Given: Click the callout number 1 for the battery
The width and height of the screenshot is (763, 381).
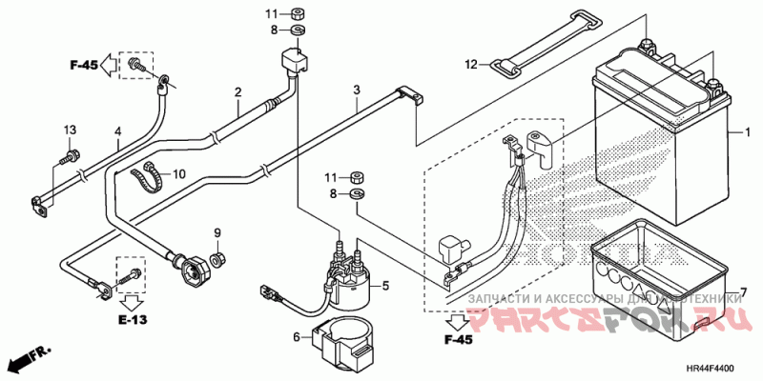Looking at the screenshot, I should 749,132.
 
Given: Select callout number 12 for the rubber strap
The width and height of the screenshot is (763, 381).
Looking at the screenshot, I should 469,65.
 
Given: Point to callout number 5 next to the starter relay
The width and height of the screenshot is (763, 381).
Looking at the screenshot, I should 386,285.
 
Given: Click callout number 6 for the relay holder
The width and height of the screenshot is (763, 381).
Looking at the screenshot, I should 296,336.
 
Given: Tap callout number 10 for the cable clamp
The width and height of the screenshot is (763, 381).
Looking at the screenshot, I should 180,174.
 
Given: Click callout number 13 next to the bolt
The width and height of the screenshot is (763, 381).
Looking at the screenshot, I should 70,130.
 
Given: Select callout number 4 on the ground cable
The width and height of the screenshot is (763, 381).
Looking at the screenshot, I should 118,130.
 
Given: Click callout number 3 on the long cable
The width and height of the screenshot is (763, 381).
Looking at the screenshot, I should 356,90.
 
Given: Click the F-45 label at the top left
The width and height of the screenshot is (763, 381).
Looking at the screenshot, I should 84,65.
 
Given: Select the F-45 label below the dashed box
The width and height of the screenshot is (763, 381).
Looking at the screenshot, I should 458,340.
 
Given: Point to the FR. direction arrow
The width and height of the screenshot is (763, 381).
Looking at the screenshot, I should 29,360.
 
